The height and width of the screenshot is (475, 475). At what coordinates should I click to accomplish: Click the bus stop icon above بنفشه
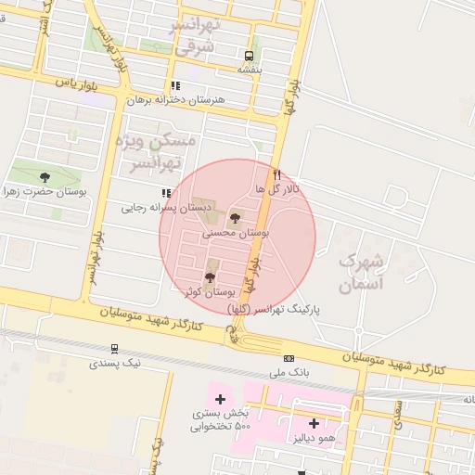coord(248,55)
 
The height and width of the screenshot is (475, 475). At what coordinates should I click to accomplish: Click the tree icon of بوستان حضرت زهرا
coord(45,176)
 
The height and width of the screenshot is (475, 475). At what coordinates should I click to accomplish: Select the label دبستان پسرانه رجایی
coord(168,208)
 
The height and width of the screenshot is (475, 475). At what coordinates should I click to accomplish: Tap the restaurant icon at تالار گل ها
coord(276,173)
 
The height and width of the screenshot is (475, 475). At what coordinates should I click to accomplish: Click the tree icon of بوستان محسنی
coord(234,219)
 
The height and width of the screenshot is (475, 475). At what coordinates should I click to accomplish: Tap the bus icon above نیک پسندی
coord(114,349)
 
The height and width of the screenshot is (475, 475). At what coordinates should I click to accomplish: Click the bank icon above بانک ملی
coord(289,358)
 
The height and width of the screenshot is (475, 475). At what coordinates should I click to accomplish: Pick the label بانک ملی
coord(288,372)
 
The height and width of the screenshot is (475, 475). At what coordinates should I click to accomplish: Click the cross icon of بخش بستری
coord(220,399)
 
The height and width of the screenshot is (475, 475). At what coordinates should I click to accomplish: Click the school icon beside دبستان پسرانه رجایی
coord(166,193)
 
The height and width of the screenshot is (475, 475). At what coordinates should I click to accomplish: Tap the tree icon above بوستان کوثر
coord(209,276)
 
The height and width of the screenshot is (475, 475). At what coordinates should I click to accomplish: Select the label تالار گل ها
coord(278,188)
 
